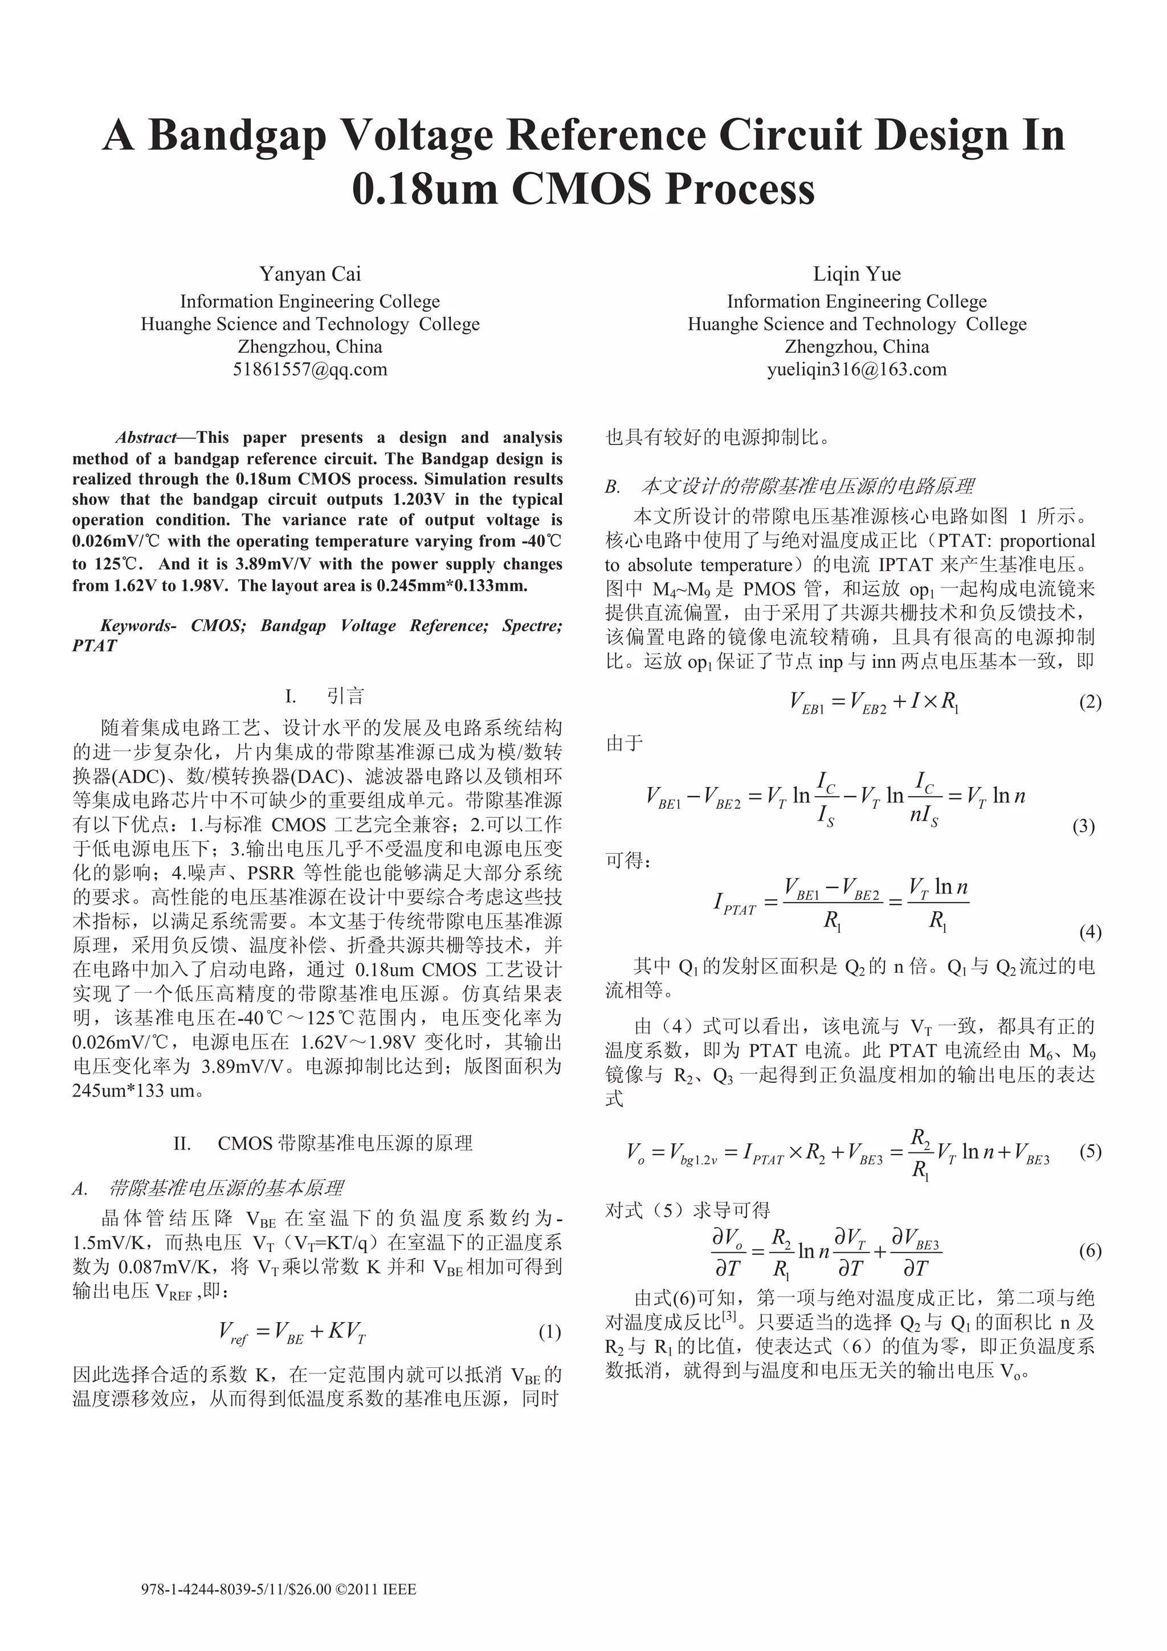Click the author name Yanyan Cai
310,274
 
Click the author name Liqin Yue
856,274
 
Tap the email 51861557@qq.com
310,370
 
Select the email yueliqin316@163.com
856,370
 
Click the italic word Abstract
146,438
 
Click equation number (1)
549,1332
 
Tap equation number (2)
1090,702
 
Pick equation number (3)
1083,826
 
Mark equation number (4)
1090,933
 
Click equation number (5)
1090,1151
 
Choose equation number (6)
1090,1250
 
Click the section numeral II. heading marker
182,1143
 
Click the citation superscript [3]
730,1316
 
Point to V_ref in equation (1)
233,1333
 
